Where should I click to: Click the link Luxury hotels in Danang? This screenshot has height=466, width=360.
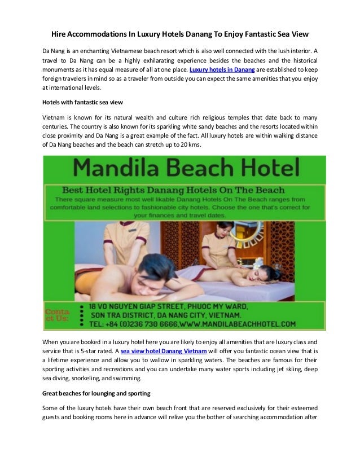pos(222,69)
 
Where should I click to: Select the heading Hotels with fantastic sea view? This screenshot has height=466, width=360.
pos(82,102)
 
